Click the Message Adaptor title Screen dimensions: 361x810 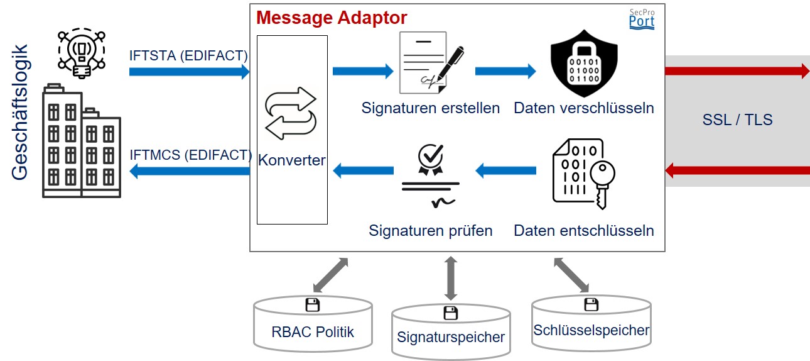point(332,17)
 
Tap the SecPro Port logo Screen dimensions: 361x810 point(641,19)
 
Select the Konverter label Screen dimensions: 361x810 point(292,160)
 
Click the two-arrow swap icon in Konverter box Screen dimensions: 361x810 point(291,113)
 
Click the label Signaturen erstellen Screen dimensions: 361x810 point(431,108)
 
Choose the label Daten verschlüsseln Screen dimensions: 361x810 point(584,108)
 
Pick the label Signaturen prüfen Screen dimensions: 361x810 point(431,230)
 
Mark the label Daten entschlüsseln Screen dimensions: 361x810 point(584,230)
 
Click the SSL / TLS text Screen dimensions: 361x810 point(737,119)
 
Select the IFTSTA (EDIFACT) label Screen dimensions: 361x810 point(188,56)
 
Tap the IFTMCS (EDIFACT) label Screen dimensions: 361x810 point(190,155)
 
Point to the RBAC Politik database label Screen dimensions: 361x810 point(313,331)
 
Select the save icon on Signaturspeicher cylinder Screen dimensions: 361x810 point(450,313)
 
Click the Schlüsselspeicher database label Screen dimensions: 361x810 point(591,330)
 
